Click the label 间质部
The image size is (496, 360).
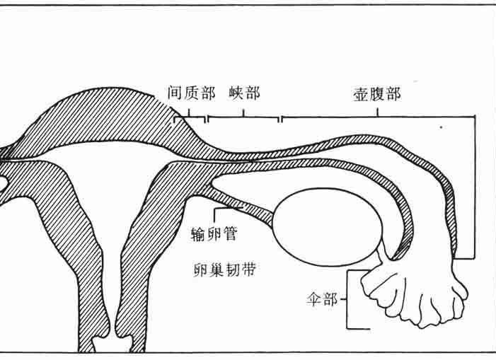click(x=192, y=93)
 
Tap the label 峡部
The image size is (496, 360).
click(x=245, y=93)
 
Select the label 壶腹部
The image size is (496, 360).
click(x=377, y=94)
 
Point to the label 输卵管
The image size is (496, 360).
click(x=214, y=234)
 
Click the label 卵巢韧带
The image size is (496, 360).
click(x=224, y=269)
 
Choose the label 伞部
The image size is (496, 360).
click(x=322, y=298)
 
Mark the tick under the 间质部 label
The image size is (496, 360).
click(x=189, y=113)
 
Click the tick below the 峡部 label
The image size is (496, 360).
click(x=243, y=113)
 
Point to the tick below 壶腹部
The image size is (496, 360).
click(x=377, y=112)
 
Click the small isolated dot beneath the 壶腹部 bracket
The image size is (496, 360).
click(x=442, y=128)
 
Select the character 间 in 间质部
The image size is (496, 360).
click(x=175, y=93)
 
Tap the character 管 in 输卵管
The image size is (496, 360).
click(x=230, y=234)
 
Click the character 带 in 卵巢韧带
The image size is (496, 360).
click(x=248, y=269)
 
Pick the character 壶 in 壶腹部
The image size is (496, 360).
click(x=361, y=94)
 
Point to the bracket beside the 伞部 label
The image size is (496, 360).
click(x=347, y=299)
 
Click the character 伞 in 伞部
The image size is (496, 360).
click(x=313, y=298)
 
